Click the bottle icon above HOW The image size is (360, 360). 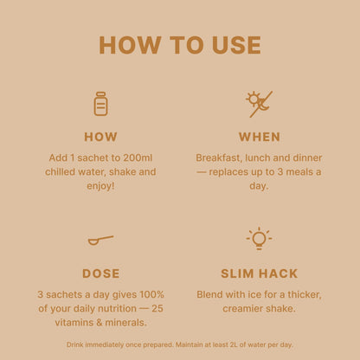click(100, 104)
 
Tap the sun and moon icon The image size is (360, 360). click(259, 104)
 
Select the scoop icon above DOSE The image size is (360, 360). click(100, 240)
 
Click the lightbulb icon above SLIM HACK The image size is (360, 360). click(259, 238)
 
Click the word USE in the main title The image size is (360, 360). click(236, 45)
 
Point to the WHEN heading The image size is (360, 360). click(260, 137)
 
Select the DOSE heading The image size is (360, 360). click(100, 273)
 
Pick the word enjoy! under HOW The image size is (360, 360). click(100, 186)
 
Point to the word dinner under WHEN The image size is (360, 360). click(307, 157)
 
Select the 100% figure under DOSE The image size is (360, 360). click(151, 294)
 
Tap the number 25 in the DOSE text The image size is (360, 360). click(157, 308)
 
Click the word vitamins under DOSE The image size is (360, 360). click(74, 323)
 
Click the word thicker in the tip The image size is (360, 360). click(305, 295)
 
